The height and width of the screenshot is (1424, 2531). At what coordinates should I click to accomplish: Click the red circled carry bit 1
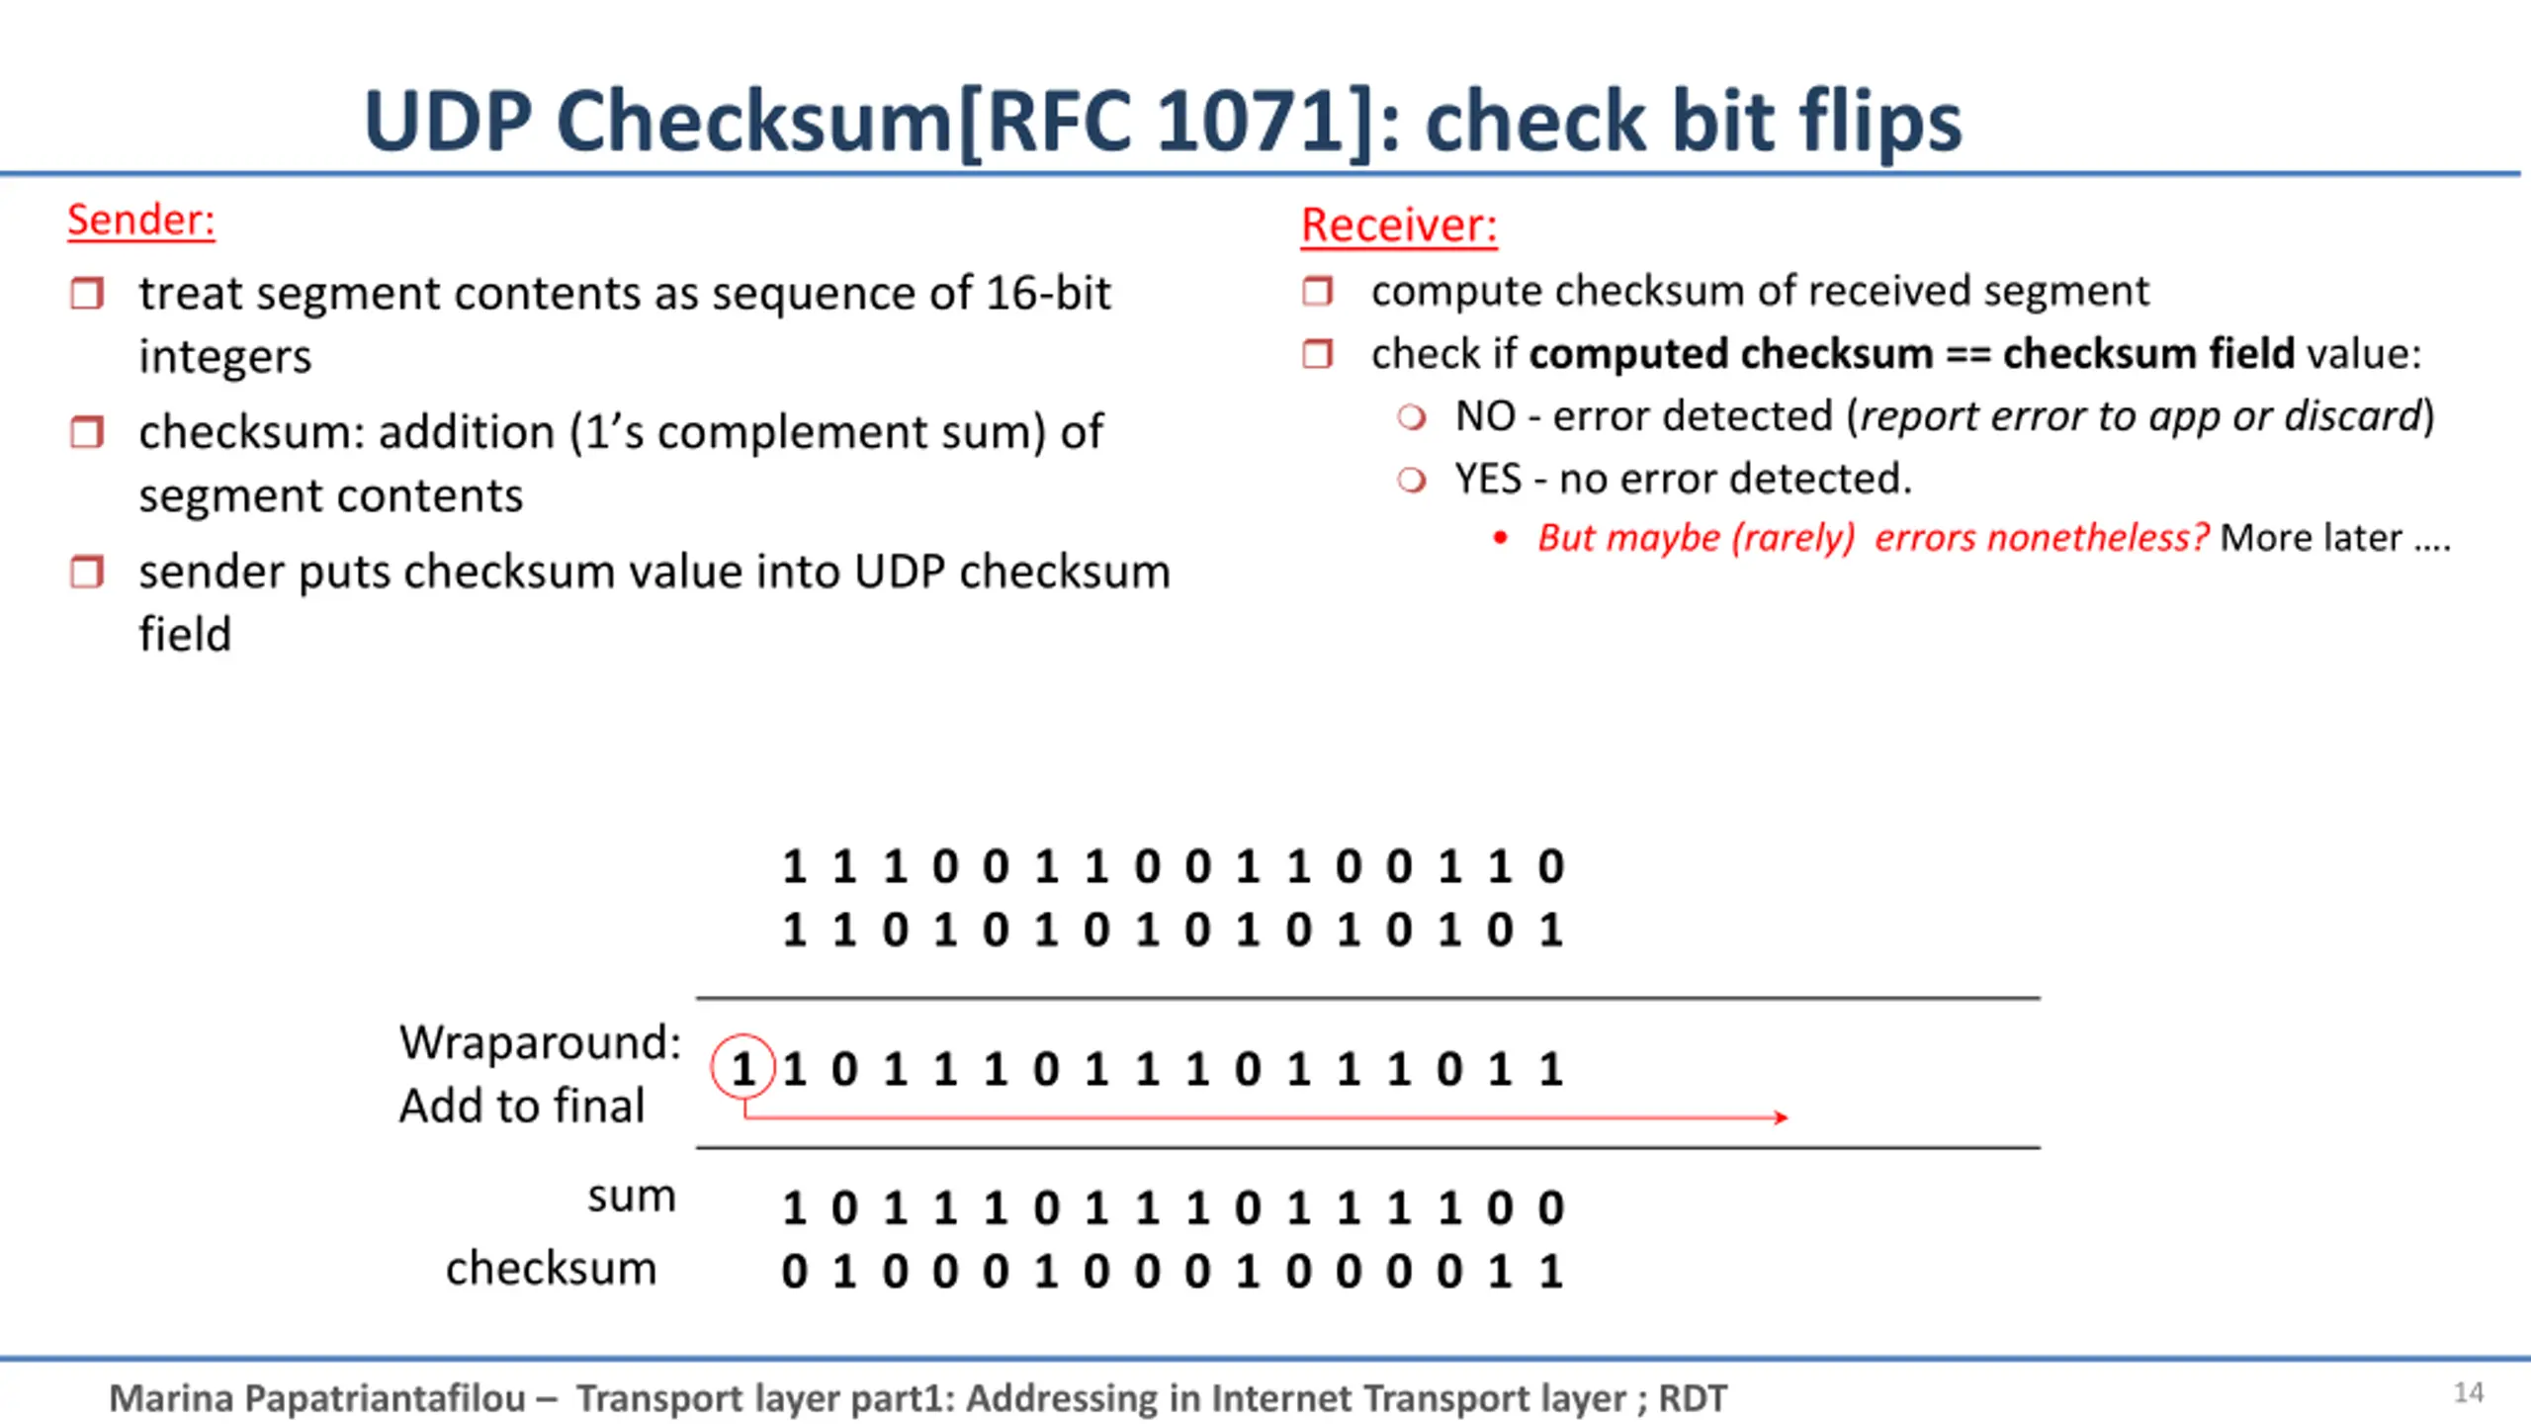742,1067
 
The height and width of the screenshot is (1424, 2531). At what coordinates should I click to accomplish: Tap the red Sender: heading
141,219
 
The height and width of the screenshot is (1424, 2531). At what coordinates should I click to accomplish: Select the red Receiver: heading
1399,224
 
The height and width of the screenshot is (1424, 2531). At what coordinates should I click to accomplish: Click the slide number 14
2469,1392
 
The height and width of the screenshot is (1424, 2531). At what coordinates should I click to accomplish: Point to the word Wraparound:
540,1041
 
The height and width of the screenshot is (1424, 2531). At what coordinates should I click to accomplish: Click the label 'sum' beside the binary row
632,1197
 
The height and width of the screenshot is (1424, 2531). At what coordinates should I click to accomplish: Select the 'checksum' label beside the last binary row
551,1268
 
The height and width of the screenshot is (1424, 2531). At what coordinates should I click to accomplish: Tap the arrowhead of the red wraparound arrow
1782,1117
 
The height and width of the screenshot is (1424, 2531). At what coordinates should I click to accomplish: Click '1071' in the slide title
1252,121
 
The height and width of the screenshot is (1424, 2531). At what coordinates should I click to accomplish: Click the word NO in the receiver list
1485,416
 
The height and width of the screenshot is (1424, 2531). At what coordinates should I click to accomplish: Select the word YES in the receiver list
1488,479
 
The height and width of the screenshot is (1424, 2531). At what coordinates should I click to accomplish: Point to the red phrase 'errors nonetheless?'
2042,537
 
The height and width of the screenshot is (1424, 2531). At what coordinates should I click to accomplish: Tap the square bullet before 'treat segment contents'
87,293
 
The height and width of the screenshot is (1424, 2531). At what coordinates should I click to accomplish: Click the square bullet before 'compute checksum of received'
1318,291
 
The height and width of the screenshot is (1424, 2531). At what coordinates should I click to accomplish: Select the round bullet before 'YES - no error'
1412,480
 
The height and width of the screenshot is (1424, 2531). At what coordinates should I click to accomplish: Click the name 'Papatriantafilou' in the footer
385,1398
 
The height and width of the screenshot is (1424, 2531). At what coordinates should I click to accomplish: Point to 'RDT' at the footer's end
1693,1398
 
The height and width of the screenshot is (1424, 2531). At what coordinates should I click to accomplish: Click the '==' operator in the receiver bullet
1967,355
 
